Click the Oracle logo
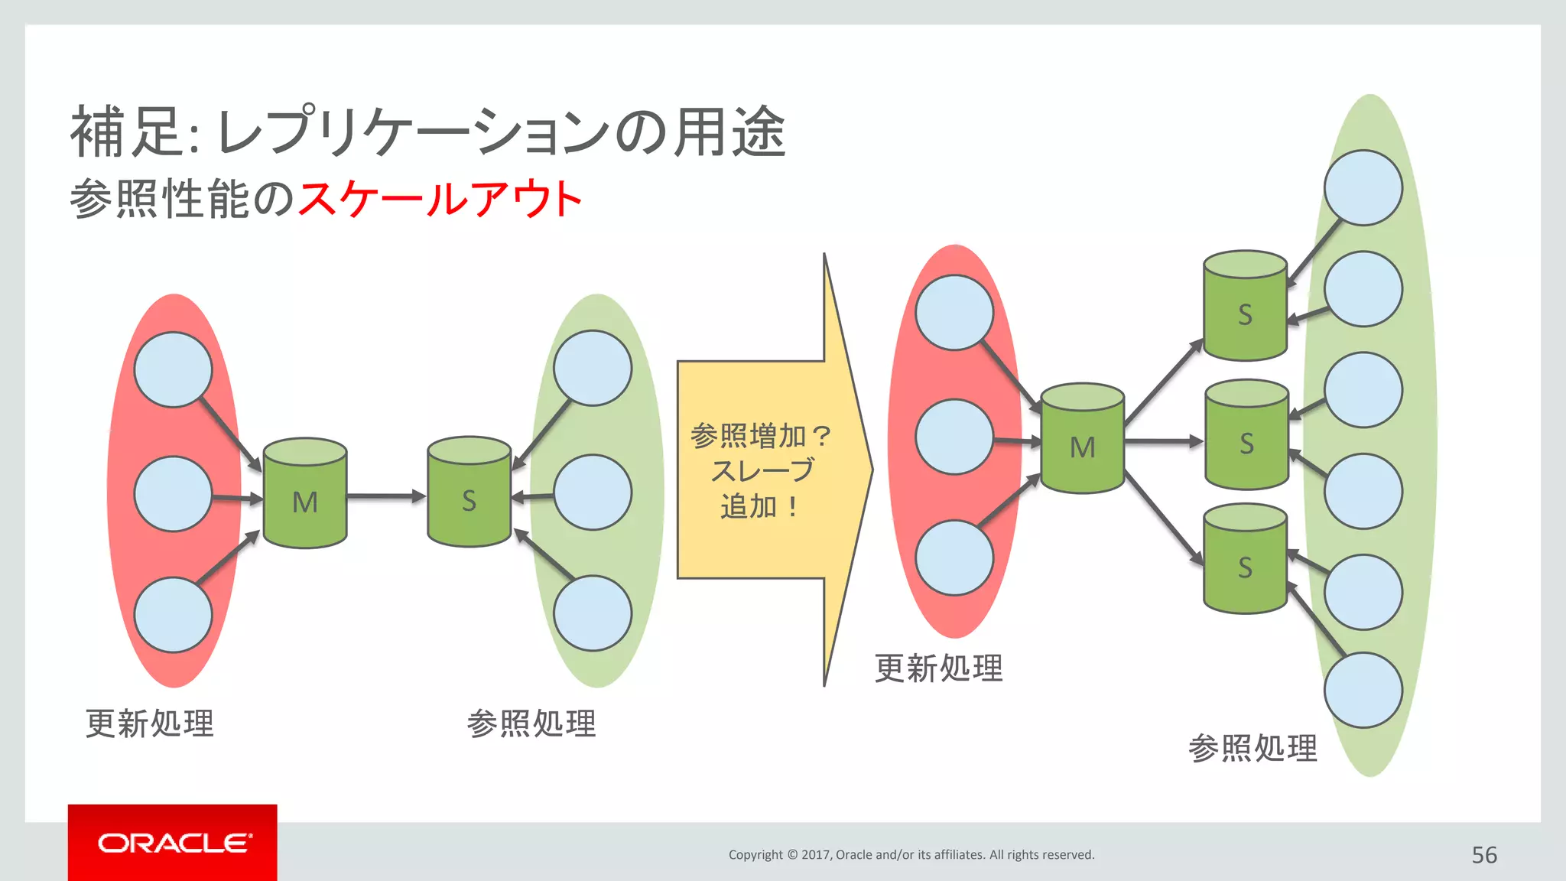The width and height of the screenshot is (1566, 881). coord(173,843)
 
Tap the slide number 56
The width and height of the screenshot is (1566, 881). coord(1484,855)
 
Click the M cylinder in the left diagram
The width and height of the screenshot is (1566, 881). coord(305,494)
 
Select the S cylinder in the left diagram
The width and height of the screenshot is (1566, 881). coord(469,493)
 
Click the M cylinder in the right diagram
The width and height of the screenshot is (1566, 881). coord(1082,439)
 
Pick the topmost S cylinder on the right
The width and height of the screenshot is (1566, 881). coord(1245,307)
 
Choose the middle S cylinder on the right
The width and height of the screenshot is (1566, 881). coord(1246,435)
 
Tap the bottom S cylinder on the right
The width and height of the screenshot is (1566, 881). coord(1245,559)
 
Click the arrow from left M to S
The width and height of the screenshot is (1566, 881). coord(386,496)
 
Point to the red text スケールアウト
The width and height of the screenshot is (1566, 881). coord(440,199)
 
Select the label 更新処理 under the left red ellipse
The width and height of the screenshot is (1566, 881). coord(150,723)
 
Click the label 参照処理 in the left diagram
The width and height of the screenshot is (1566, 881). coord(531,723)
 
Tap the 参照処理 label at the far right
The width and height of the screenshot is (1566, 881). coord(1252,748)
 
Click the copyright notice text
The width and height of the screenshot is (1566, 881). coord(911,855)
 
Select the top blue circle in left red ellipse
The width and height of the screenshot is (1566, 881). coord(173,369)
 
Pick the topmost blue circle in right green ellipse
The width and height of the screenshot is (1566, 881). coord(1363,188)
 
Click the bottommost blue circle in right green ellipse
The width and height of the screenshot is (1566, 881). coord(1363,690)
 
